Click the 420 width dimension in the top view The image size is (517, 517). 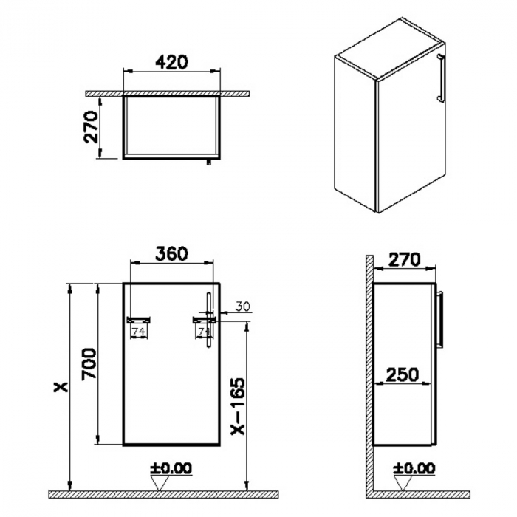point(171,61)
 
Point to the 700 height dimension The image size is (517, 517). point(87,363)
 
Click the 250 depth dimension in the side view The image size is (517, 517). point(402,374)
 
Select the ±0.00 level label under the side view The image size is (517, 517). point(414,468)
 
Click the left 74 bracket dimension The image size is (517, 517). point(138,332)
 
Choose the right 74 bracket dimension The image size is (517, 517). point(202,332)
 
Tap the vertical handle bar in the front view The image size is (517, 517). point(209,318)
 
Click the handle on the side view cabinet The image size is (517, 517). point(442,318)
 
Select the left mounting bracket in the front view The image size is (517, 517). point(140,320)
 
